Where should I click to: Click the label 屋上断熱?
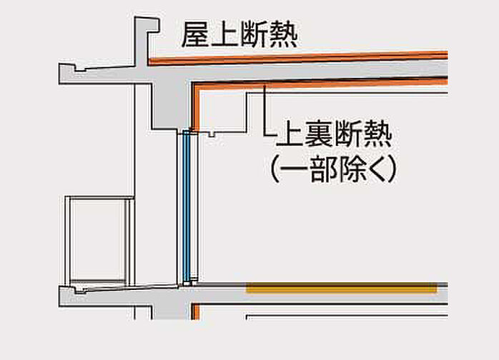(238, 34)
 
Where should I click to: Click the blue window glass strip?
(187, 207)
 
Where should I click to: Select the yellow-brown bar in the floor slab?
(342, 289)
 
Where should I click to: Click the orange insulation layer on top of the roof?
(300, 56)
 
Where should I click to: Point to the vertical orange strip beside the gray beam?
(193, 107)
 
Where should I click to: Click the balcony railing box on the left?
(99, 239)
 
